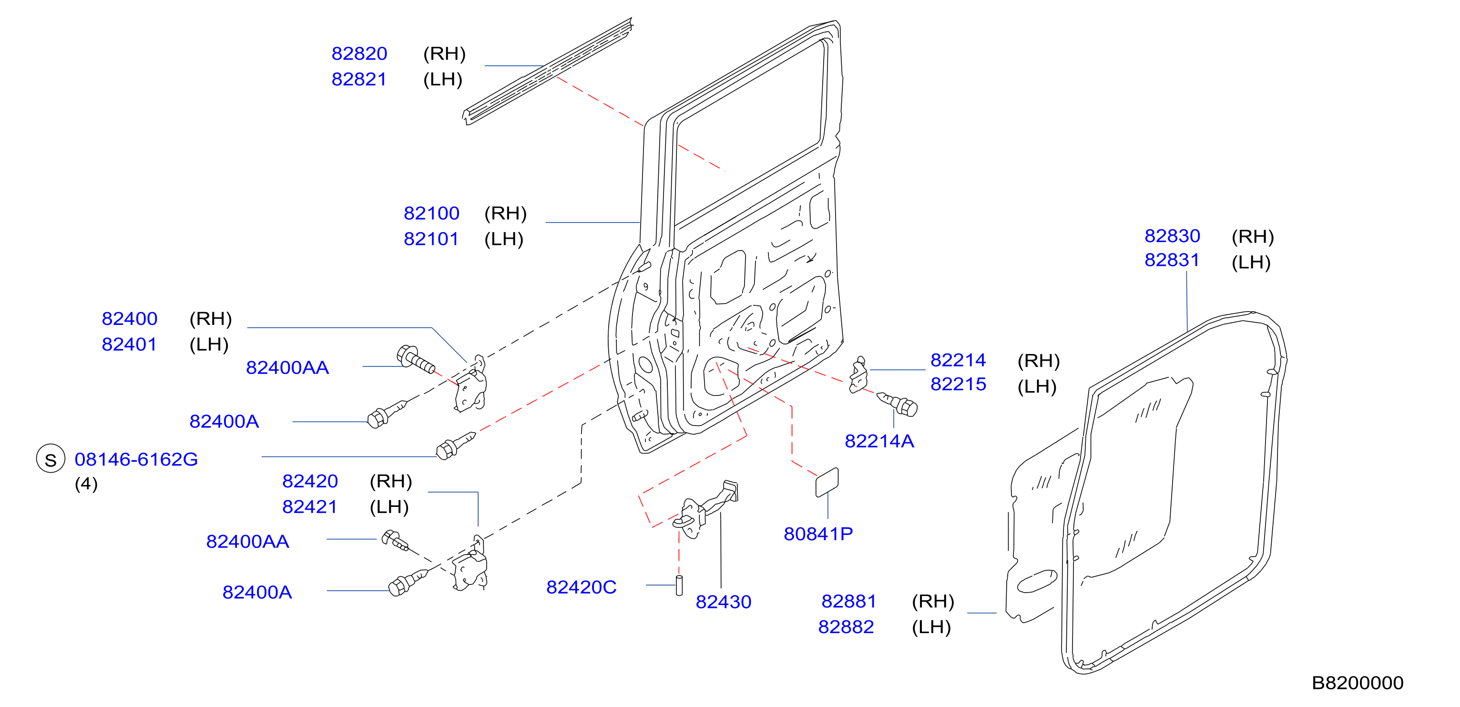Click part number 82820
point(359,54)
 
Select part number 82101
point(431,239)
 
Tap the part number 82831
point(1172,260)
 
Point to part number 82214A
point(879,441)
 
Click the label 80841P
point(818,534)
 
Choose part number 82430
point(723,602)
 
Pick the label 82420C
point(581,587)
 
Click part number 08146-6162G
point(136,459)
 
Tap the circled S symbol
point(51,459)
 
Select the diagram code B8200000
point(1358,683)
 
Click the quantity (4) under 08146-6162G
point(86,485)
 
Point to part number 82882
point(846,627)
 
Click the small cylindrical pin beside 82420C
point(679,585)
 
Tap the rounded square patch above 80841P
point(827,483)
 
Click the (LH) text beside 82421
point(389,507)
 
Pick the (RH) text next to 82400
point(210,319)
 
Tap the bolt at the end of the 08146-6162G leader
point(455,446)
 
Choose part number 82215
point(958,384)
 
